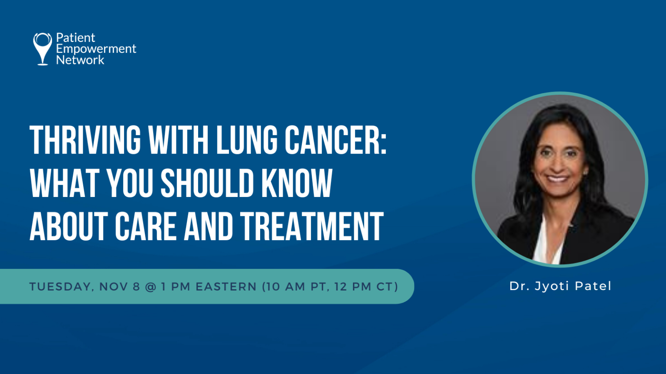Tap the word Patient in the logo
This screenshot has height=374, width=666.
[75, 38]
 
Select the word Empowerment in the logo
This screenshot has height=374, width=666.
[96, 49]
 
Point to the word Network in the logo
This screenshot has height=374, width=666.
[80, 60]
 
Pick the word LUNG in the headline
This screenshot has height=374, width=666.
[247, 140]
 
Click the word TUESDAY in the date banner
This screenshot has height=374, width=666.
[60, 287]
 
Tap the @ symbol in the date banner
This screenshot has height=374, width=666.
[150, 287]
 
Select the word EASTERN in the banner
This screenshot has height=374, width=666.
[226, 287]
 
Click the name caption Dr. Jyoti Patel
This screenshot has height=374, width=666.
[560, 286]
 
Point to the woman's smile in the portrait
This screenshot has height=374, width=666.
[557, 178]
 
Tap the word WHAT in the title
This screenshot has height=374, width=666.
[65, 183]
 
